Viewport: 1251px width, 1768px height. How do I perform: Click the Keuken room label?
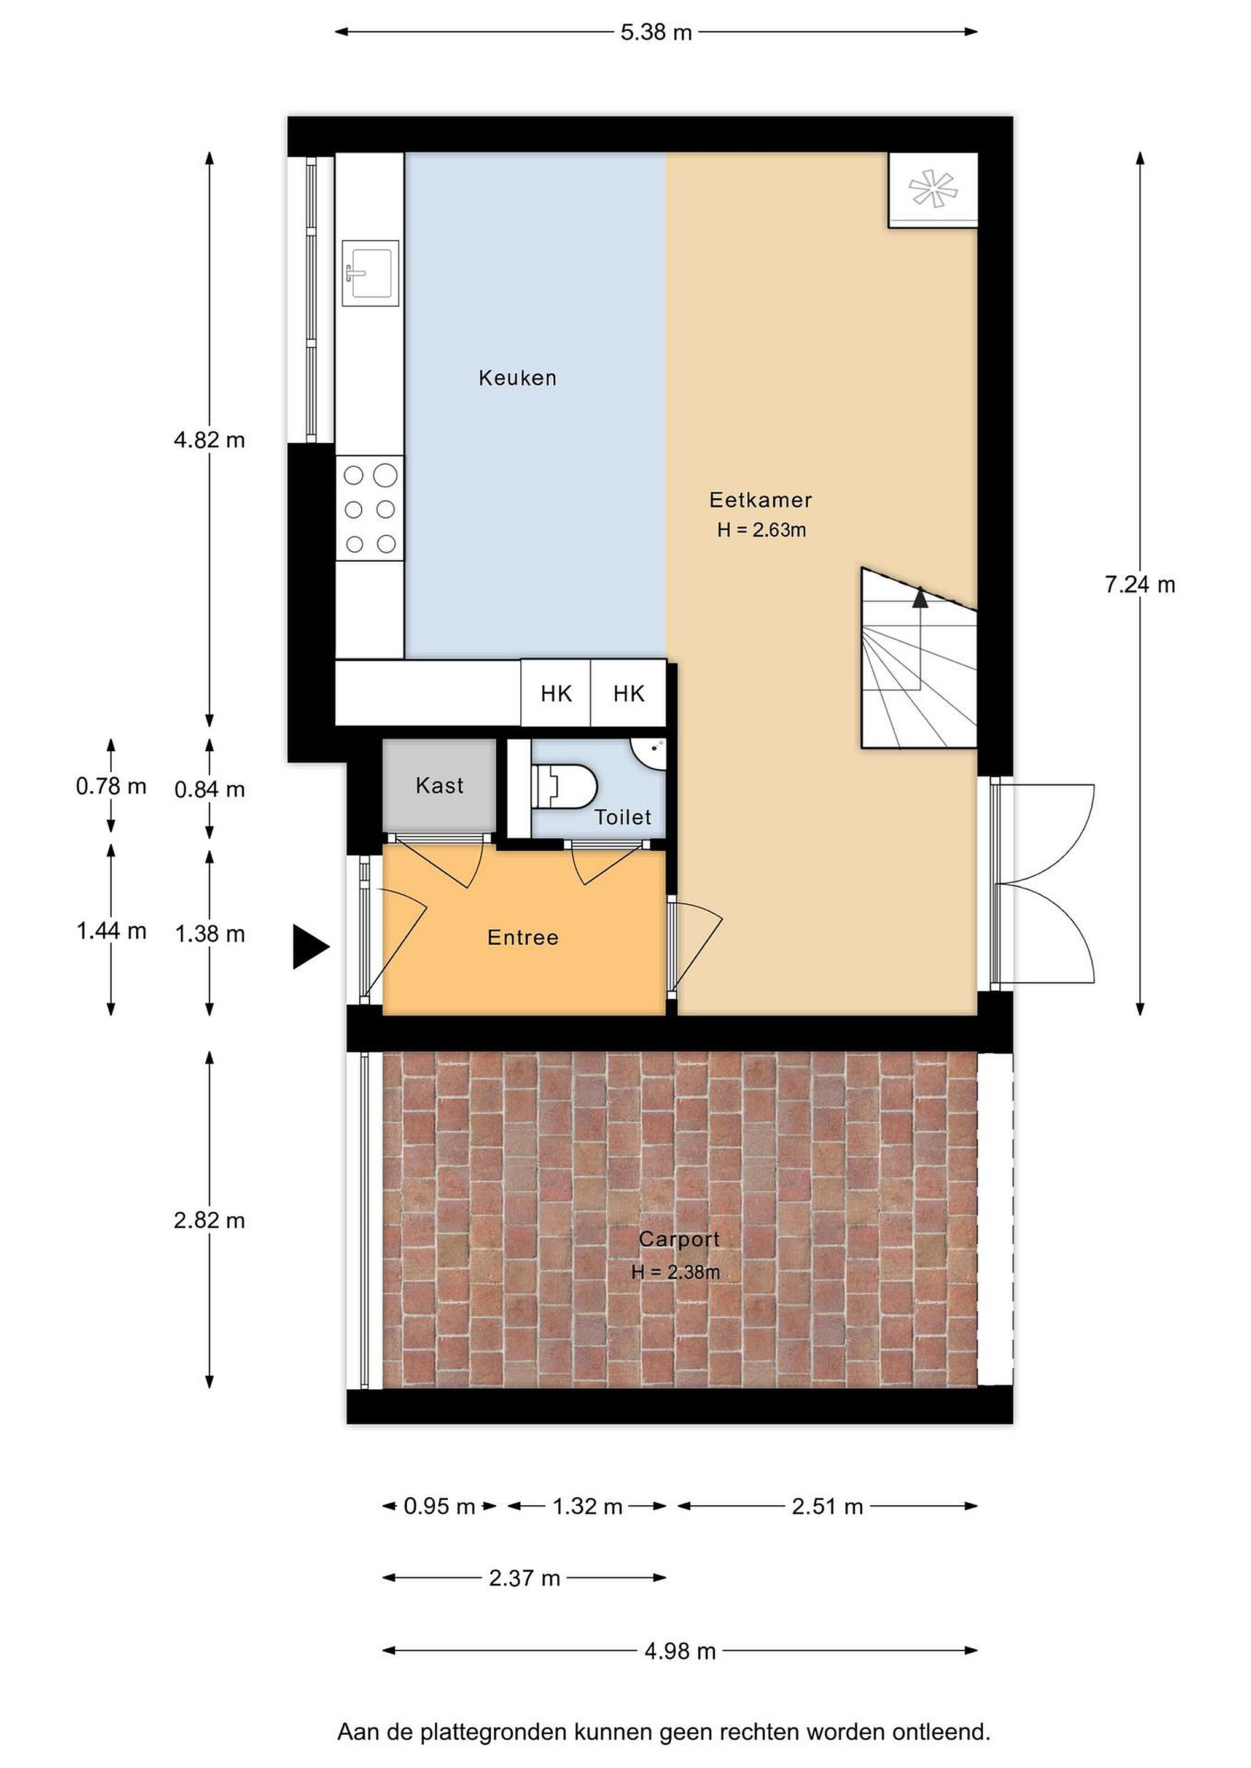pos(517,378)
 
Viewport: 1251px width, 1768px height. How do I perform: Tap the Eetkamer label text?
pos(760,500)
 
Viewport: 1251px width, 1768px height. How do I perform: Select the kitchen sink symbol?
pos(370,273)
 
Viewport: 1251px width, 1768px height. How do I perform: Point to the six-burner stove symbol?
pos(370,509)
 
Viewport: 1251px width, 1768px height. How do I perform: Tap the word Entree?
pos(523,938)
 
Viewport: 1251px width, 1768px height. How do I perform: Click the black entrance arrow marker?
pos(310,947)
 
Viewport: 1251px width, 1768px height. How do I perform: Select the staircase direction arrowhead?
pos(920,597)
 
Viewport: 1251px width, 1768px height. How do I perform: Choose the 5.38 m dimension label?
pos(657,33)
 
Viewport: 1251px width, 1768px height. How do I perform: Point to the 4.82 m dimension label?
pos(209,440)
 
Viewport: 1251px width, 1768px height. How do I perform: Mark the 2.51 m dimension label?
pos(827,1507)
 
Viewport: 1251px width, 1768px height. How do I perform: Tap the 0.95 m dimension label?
pos(439,1507)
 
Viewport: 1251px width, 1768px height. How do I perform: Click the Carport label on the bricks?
pos(679,1240)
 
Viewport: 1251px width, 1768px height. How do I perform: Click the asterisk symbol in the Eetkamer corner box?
pos(932,188)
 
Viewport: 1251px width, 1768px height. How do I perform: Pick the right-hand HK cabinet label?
pos(629,694)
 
